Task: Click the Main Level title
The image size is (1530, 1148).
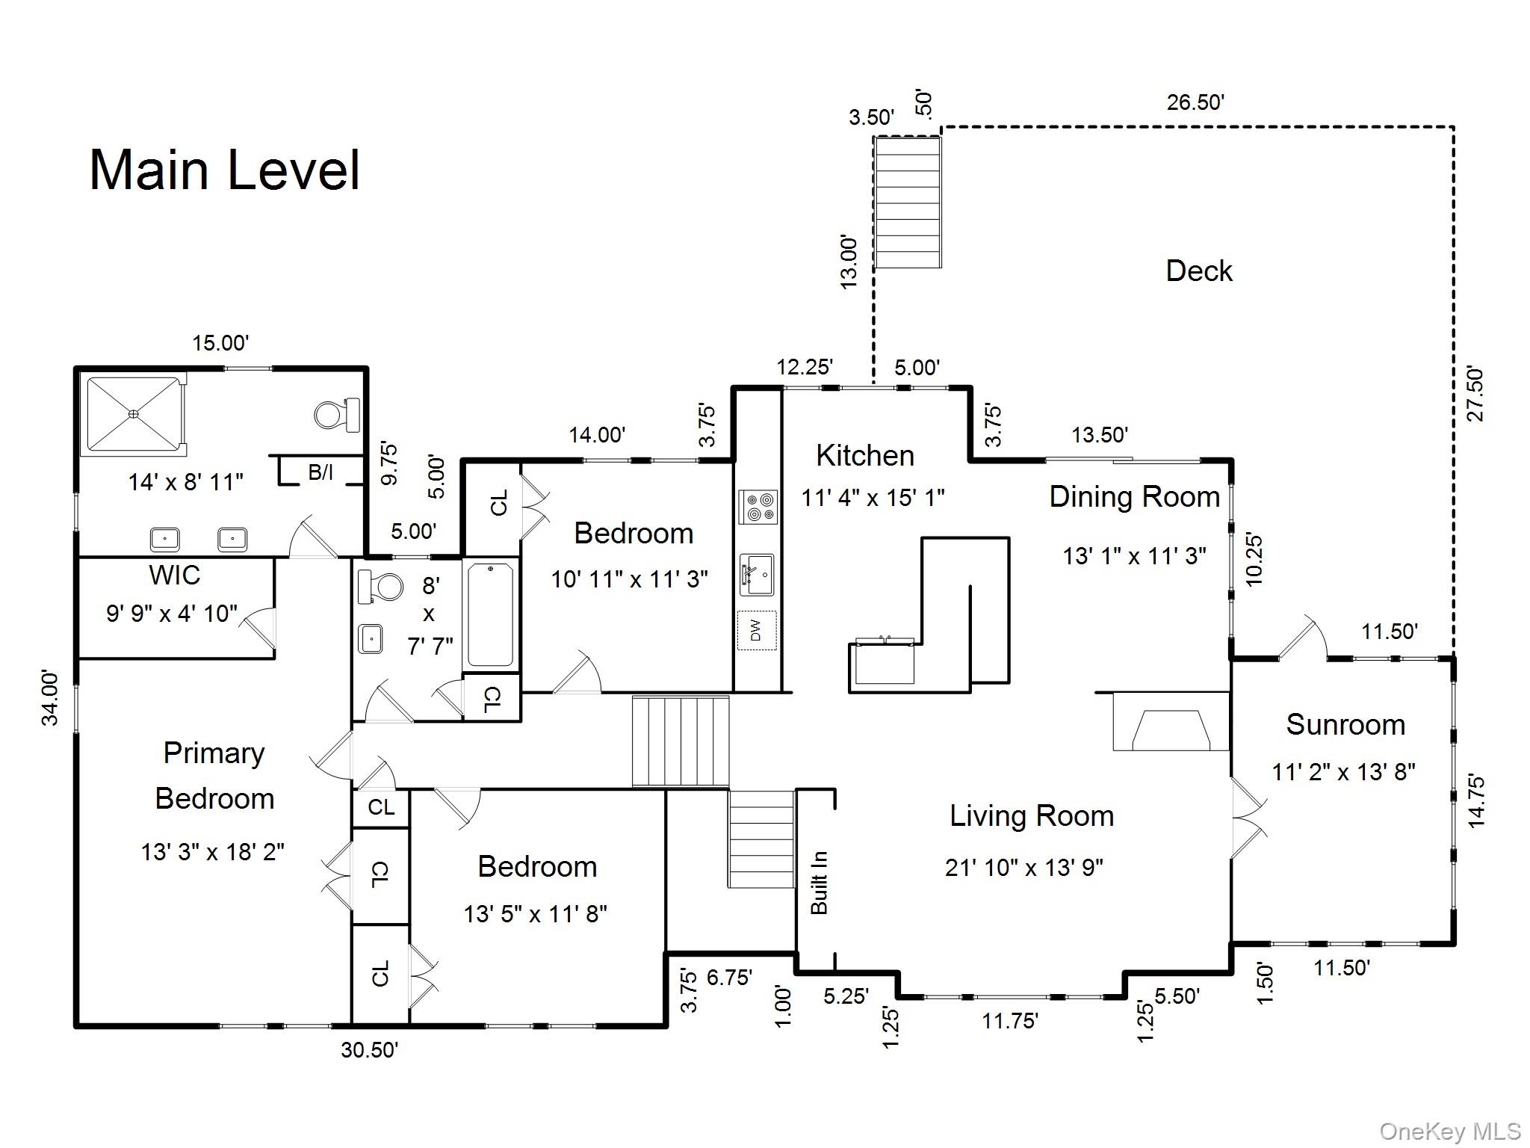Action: [x=225, y=170]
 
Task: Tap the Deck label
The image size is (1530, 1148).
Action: [x=1199, y=271]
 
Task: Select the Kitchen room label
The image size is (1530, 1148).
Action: [x=865, y=455]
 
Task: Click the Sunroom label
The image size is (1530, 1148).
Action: [x=1345, y=724]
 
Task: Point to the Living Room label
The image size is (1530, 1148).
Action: [x=1032, y=815]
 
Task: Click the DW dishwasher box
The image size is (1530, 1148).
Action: [x=757, y=631]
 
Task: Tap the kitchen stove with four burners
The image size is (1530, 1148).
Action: [x=758, y=506]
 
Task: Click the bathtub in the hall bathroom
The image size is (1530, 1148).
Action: [x=490, y=614]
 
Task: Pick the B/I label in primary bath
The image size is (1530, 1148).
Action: [x=320, y=472]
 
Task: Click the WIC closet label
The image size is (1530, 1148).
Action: [x=175, y=575]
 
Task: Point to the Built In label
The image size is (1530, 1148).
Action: [x=820, y=883]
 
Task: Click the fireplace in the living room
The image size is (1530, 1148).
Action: [x=1171, y=721]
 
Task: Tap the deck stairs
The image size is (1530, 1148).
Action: [x=908, y=202]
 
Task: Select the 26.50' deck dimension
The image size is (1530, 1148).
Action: [x=1195, y=102]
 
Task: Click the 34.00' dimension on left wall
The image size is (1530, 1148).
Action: [x=49, y=699]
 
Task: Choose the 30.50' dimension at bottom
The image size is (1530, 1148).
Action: [x=370, y=1050]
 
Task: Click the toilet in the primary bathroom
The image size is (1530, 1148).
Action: [x=337, y=414]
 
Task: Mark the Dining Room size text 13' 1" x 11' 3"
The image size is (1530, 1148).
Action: [x=1135, y=556]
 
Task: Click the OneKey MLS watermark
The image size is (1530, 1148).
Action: [x=1450, y=1131]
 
